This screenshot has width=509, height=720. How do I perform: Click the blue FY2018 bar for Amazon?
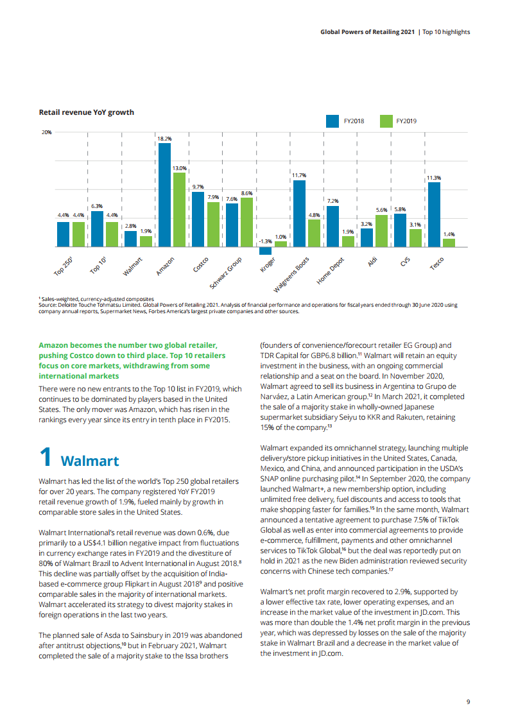tap(164, 194)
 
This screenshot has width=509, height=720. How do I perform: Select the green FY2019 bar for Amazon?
tap(179, 209)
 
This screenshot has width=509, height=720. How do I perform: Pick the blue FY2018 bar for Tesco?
tap(434, 214)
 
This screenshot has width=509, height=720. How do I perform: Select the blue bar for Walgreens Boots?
tap(299, 213)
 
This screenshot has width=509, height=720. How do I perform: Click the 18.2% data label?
tap(164, 138)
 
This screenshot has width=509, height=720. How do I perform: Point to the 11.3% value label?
tap(434, 177)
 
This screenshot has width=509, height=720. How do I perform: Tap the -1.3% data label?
tap(265, 242)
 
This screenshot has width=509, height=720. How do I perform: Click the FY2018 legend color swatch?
tap(332, 121)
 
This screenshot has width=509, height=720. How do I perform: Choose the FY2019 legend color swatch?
tap(386, 121)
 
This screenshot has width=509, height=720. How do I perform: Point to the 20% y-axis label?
tap(47, 133)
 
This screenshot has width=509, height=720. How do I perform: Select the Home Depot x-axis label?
tap(331, 271)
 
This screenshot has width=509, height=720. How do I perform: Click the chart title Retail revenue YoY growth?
tap(87, 112)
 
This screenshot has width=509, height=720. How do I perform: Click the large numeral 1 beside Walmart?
tap(45, 458)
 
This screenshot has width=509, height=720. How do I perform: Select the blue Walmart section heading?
tap(89, 461)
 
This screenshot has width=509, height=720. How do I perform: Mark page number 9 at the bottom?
tap(468, 701)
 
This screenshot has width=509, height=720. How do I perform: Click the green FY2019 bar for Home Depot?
tap(348, 241)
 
